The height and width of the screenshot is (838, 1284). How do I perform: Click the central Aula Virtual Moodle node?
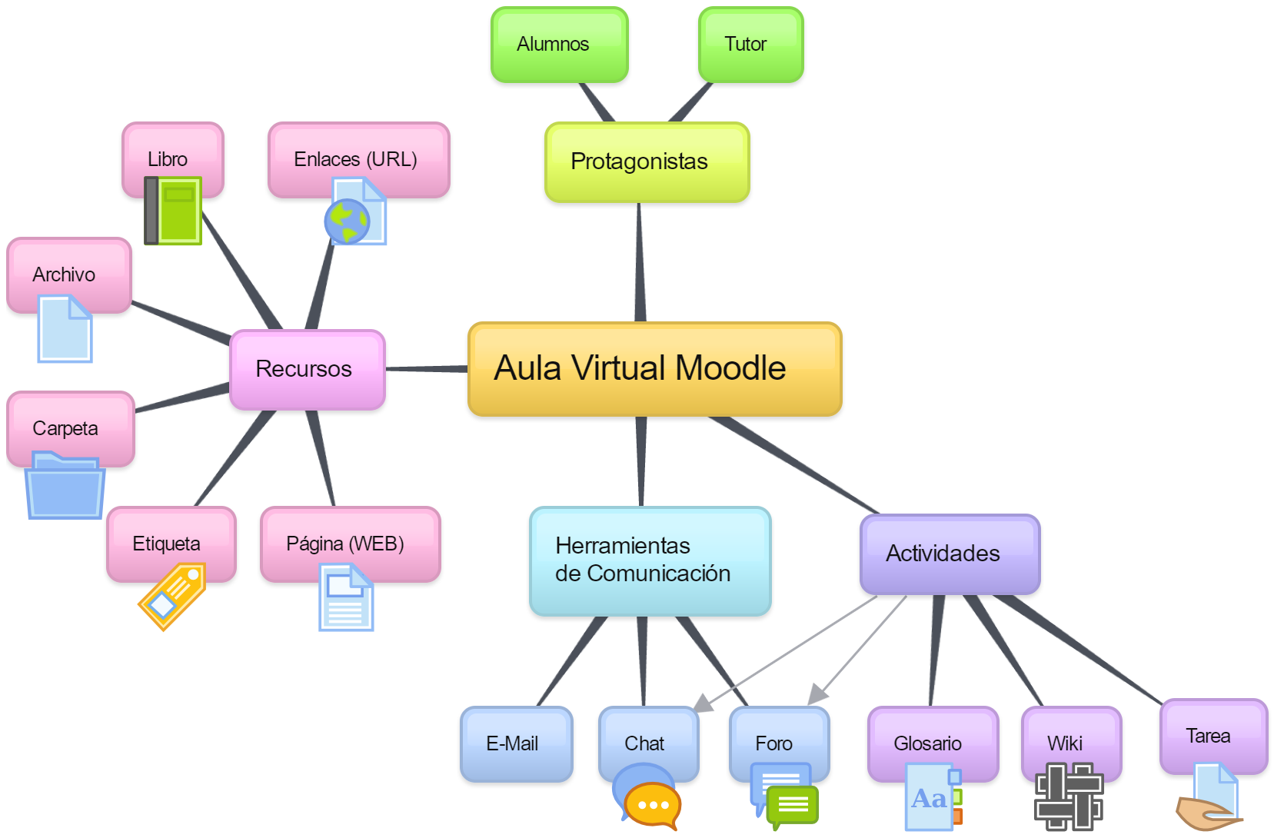(654, 370)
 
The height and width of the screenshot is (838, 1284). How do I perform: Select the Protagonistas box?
(647, 162)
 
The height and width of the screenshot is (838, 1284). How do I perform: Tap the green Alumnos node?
(559, 45)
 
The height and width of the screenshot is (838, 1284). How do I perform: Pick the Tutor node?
(750, 45)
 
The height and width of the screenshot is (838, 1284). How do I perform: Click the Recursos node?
(307, 370)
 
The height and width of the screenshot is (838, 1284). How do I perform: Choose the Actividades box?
(949, 554)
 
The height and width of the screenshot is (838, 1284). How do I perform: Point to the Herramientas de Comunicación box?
(650, 560)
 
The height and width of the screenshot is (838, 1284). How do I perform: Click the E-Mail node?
(516, 743)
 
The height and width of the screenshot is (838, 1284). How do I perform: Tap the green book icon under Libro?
(174, 211)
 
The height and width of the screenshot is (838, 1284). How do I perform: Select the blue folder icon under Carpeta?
(65, 487)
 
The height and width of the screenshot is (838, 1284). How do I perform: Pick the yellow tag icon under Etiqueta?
(173, 597)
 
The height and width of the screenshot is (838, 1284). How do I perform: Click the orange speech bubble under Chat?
(654, 806)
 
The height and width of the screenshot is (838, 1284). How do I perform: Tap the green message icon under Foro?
(792, 806)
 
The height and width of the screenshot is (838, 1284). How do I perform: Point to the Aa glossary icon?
(932, 798)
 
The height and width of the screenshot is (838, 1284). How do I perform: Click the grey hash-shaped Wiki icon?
(1068, 796)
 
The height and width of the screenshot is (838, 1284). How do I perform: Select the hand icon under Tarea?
(1206, 813)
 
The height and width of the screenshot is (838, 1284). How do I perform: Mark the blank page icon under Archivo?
(65, 330)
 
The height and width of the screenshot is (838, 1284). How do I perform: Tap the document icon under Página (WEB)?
(346, 597)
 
